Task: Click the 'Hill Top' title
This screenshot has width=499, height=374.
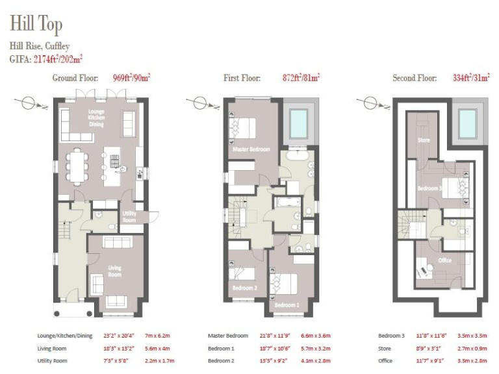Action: click(x=36, y=24)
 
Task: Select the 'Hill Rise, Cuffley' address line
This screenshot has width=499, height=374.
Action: click(x=40, y=46)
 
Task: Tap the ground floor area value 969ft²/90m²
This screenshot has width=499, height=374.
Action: click(x=131, y=78)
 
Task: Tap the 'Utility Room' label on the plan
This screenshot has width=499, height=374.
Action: click(x=129, y=217)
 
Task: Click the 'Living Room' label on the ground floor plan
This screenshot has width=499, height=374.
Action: click(x=115, y=270)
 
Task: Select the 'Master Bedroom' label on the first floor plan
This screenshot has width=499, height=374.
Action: click(x=251, y=149)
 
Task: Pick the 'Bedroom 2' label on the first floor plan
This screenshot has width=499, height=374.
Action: click(x=245, y=287)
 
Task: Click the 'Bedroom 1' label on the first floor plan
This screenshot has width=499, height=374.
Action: click(x=287, y=305)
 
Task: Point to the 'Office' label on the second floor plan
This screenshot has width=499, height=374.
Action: click(x=444, y=260)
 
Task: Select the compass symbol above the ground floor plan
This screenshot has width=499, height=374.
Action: click(x=26, y=102)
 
